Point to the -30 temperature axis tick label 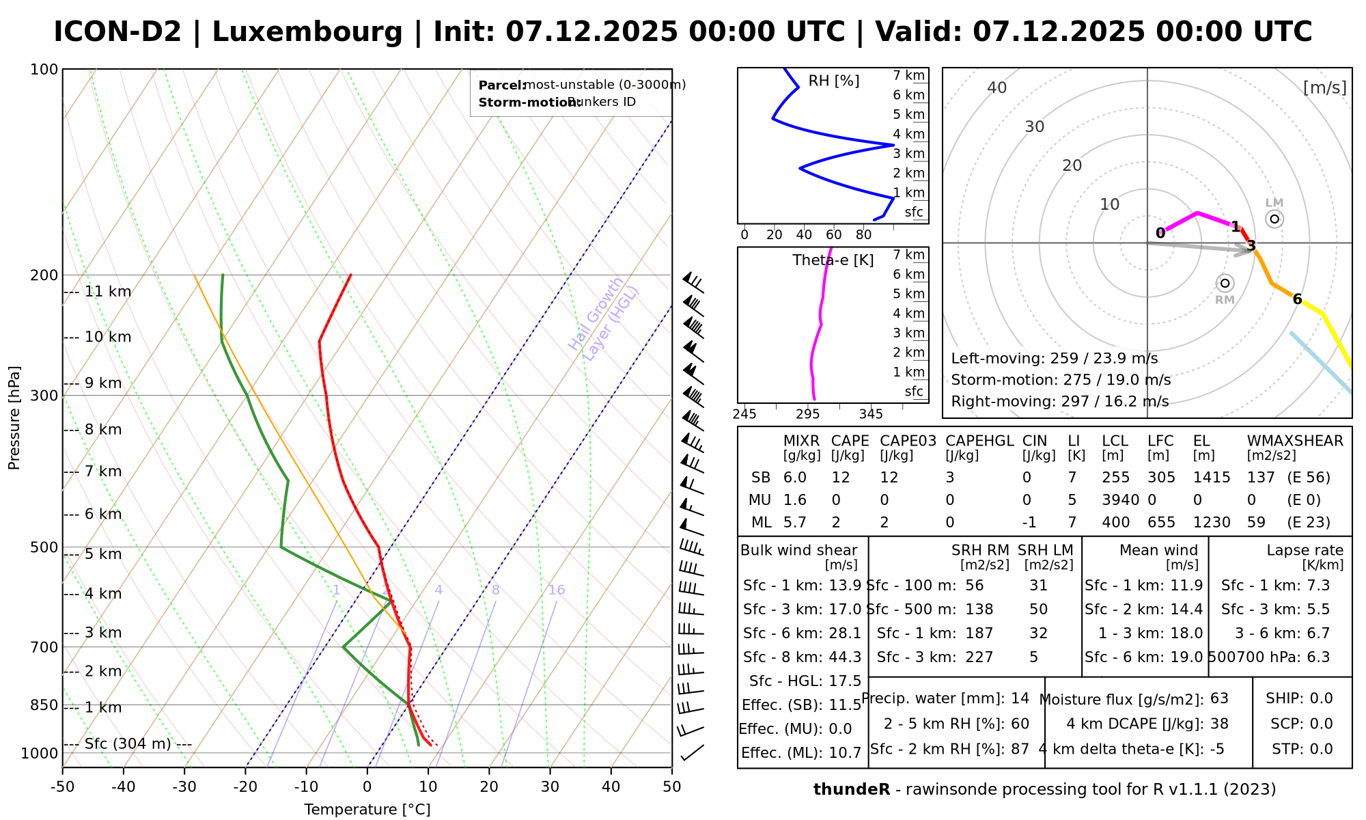184,787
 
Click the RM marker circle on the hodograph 1225,283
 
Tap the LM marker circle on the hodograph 1274,219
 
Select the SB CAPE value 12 840,478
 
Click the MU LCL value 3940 1120,500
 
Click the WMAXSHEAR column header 1295,441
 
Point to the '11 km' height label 108,292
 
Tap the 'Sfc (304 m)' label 128,743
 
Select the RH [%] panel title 833,81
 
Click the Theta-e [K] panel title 833,260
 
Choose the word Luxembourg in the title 307,32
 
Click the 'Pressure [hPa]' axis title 14,418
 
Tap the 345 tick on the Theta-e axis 871,414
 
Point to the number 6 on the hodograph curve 1297,299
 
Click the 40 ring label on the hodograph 997,87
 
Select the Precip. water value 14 1020,698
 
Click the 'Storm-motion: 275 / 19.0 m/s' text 1061,380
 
